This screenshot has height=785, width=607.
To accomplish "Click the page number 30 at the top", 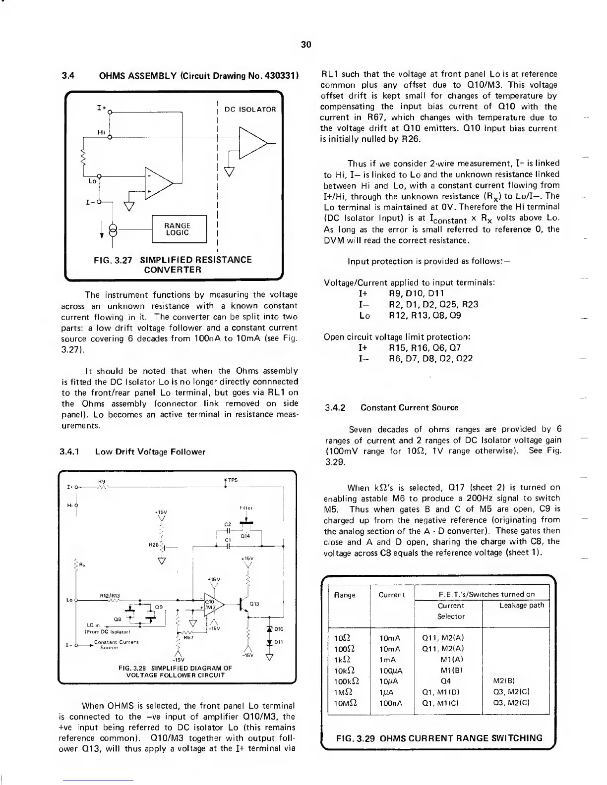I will pos(306,45).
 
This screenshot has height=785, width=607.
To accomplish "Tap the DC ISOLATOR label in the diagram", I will pos(250,109).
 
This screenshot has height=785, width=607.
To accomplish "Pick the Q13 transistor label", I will pos(255,604).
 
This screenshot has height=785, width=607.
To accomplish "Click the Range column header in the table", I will pos(345,595).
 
